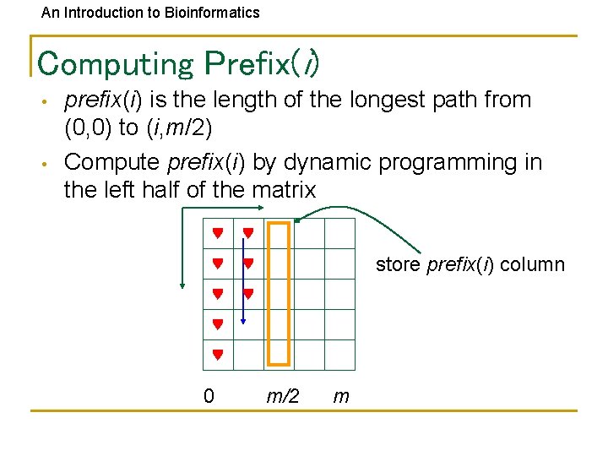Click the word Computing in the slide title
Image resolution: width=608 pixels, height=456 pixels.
(116, 63)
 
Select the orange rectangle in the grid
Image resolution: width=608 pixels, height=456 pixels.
(279, 292)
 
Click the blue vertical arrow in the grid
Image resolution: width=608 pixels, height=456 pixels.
(243, 279)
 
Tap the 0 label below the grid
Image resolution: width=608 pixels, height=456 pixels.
(209, 395)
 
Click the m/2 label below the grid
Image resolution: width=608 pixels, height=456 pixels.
(283, 395)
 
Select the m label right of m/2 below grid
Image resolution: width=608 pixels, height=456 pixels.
(341, 395)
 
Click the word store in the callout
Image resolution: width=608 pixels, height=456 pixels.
(399, 264)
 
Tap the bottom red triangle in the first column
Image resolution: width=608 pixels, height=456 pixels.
(218, 356)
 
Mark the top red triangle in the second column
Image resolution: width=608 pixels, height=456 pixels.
(248, 233)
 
